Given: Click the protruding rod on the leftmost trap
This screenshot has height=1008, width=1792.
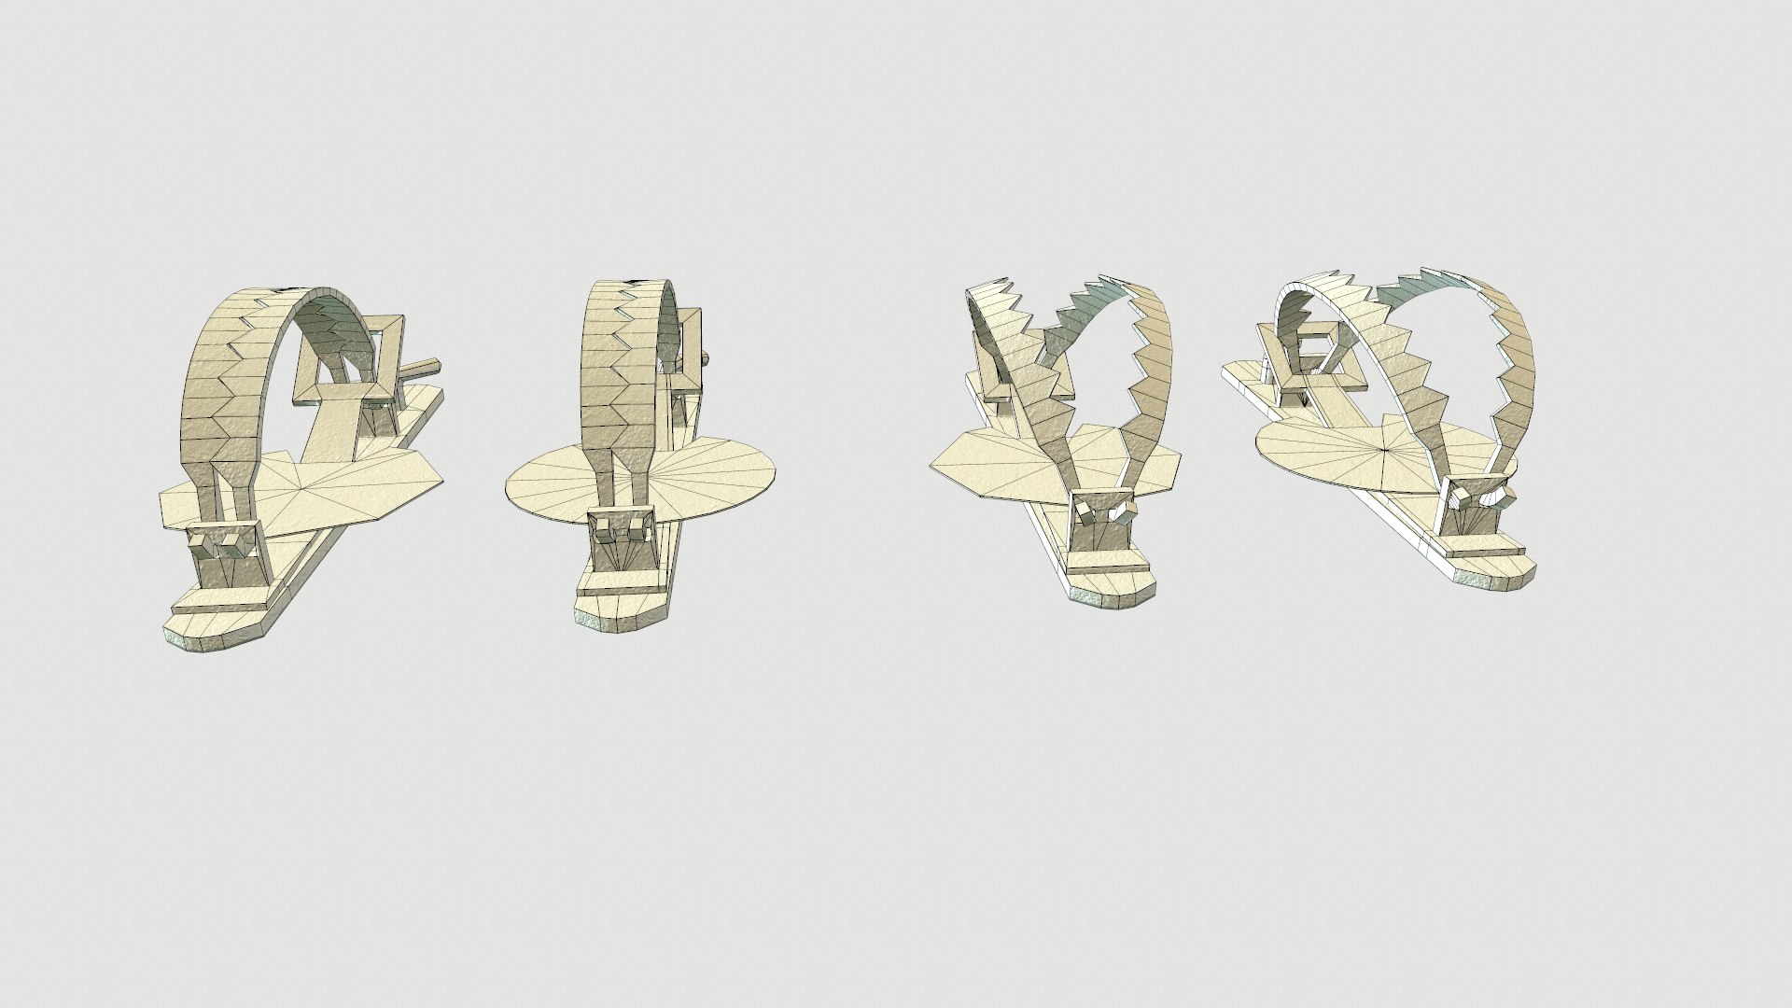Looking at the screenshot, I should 423,368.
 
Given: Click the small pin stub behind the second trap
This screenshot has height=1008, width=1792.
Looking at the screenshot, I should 707,357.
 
